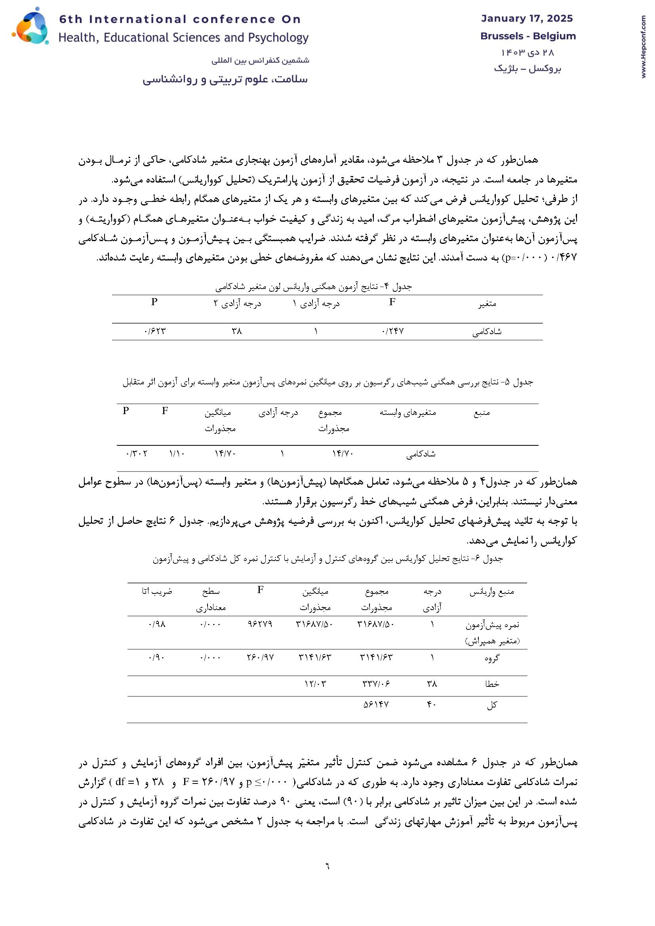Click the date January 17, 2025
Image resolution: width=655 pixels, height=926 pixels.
[527, 19]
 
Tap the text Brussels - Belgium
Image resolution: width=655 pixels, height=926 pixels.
[528, 36]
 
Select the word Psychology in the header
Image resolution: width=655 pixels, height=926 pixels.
[278, 38]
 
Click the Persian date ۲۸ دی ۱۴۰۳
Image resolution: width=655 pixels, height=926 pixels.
[527, 53]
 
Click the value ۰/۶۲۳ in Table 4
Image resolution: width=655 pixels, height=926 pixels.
[154, 331]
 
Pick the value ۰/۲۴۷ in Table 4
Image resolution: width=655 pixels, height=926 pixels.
[392, 331]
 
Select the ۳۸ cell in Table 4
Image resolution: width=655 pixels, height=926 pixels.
[236, 331]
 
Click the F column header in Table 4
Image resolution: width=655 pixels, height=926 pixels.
[392, 302]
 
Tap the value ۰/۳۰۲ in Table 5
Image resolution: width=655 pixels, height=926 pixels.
[136, 454]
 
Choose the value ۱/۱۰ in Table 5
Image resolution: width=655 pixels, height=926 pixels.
[177, 454]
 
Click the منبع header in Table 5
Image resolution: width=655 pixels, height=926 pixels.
[482, 413]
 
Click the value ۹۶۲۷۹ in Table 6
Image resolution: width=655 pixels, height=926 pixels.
[260, 624]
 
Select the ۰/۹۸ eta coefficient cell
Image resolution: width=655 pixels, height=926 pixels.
[157, 624]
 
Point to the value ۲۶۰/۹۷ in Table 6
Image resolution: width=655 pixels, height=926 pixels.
[260, 658]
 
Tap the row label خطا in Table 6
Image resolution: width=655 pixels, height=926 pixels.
[493, 684]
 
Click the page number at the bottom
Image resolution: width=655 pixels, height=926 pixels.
[327, 866]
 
